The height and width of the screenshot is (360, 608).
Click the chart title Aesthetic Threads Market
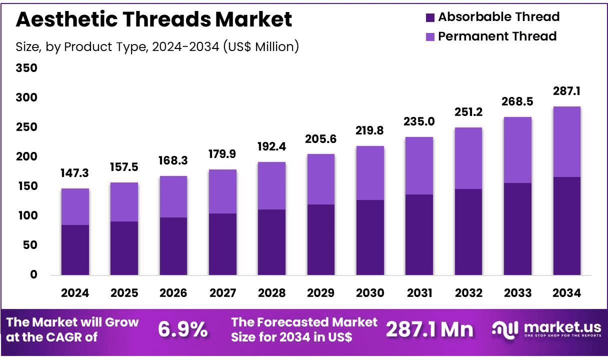click(154, 19)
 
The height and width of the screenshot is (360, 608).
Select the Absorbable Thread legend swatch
click(430, 17)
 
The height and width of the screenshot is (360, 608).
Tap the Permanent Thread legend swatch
click(430, 36)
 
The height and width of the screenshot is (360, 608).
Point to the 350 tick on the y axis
click(27, 68)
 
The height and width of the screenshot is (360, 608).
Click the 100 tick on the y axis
click(27, 216)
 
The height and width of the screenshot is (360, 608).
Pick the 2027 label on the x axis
click(222, 293)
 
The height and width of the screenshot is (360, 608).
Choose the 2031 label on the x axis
click(419, 293)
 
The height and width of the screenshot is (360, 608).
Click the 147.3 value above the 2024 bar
click(75, 174)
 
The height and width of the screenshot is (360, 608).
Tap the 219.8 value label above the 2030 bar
click(370, 131)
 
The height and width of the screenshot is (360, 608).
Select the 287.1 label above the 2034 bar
click(566, 91)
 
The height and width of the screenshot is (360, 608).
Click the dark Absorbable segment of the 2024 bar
click(75, 250)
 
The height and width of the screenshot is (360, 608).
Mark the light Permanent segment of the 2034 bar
click(566, 141)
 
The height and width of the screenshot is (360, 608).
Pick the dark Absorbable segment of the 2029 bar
click(320, 240)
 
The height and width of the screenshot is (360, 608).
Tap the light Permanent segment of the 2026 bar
click(173, 196)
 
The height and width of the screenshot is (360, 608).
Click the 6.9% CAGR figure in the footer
click(182, 329)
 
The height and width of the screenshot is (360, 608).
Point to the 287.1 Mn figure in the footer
click(429, 329)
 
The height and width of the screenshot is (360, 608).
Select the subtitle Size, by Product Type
click(157, 46)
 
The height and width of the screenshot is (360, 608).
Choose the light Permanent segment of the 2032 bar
click(468, 158)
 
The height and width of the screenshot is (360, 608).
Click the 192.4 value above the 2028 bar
click(271, 147)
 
